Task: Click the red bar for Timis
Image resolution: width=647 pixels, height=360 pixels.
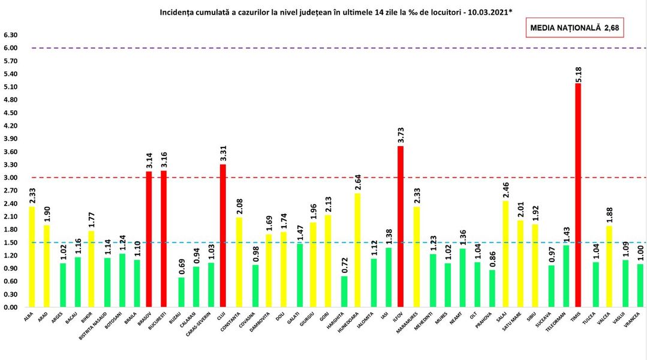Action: pos(578,195)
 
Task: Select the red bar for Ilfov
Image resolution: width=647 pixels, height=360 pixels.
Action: pos(400,227)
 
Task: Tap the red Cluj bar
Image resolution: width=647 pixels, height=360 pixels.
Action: pos(222,236)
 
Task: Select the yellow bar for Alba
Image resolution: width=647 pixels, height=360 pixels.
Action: pos(31,257)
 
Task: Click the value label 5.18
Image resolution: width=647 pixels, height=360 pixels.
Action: pos(578,71)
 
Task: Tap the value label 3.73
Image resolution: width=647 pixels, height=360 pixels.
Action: pos(400,133)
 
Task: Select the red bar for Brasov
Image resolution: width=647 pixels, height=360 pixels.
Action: pos(149,239)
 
